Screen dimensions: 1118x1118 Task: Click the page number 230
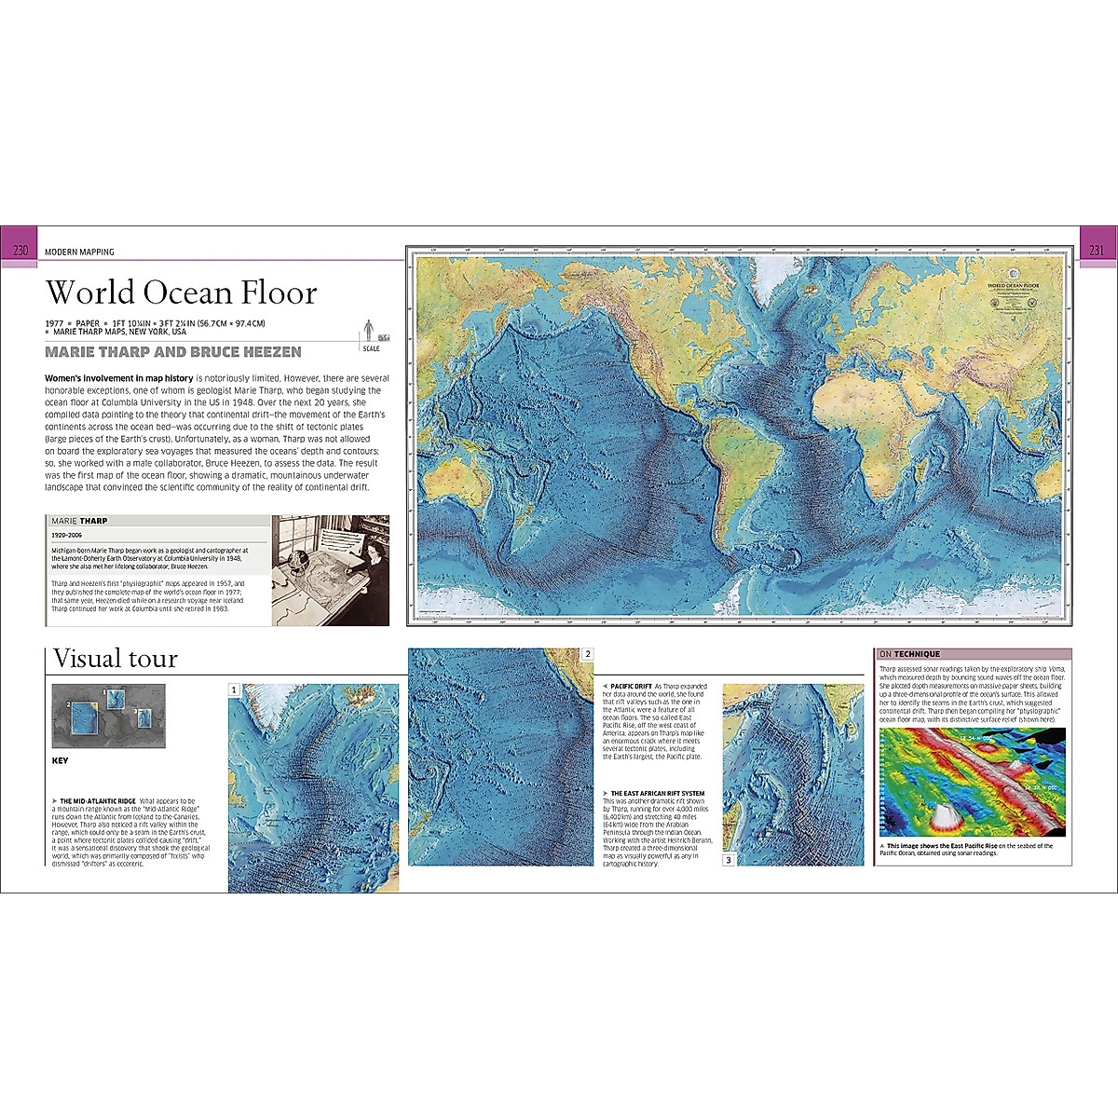pyautogui.click(x=20, y=250)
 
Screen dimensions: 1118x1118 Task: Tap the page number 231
pyautogui.click(x=1097, y=250)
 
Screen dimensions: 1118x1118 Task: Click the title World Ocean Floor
pyautogui.click(x=182, y=293)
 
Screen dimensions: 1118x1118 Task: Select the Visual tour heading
pyautogui.click(x=116, y=659)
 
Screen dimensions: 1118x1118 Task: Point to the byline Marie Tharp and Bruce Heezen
pyautogui.click(x=173, y=352)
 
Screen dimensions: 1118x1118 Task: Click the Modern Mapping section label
pyautogui.click(x=79, y=252)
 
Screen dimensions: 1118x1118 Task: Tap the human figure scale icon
pyautogui.click(x=369, y=330)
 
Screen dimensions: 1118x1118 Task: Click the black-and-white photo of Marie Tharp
pyautogui.click(x=331, y=570)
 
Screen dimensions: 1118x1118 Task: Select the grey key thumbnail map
pyautogui.click(x=108, y=716)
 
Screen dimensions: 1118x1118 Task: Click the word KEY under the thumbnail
pyautogui.click(x=60, y=761)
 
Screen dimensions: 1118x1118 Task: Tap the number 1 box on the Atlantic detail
pyautogui.click(x=235, y=690)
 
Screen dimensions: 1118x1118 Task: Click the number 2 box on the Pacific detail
pyautogui.click(x=587, y=654)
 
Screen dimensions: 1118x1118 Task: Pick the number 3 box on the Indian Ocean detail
pyautogui.click(x=729, y=860)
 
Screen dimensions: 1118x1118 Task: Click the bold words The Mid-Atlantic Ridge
pyautogui.click(x=98, y=801)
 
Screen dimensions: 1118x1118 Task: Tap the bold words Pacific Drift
pyautogui.click(x=631, y=687)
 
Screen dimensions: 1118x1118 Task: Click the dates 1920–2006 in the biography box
pyautogui.click(x=67, y=536)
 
